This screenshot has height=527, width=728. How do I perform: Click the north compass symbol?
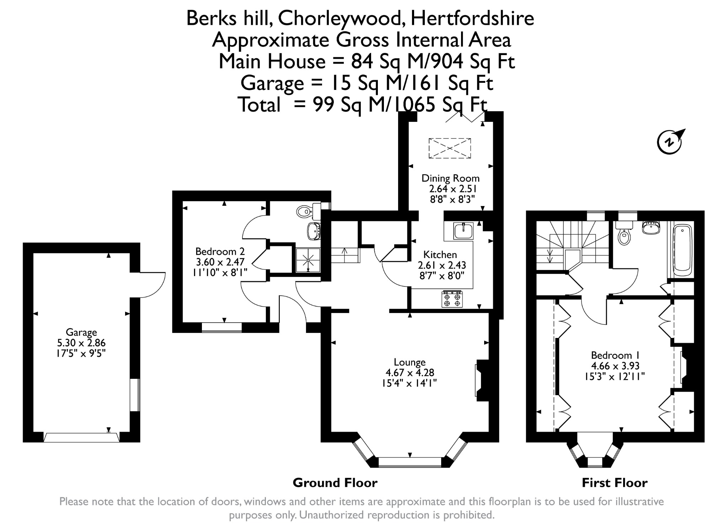pos(670,142)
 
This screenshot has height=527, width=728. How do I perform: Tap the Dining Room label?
pos(450,178)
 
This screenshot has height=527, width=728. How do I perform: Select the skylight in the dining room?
pos(450,148)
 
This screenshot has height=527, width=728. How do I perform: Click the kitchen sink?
pos(464,231)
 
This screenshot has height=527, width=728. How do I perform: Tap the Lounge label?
pos(409,362)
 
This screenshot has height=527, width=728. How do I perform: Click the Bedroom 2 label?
pos(220,252)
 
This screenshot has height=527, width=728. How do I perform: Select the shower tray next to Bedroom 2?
pos(308,260)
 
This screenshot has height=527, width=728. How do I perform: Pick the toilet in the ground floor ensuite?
pos(305,211)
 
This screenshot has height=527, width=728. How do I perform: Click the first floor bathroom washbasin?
pos(651,227)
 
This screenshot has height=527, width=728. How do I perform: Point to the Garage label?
pos(81,333)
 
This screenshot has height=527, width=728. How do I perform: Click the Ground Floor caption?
pos(335,483)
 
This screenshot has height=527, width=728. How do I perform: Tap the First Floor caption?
pos(615,483)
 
